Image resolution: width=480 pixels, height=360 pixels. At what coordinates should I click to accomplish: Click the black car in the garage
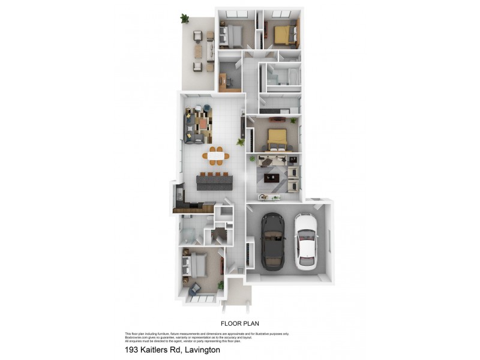[273, 242]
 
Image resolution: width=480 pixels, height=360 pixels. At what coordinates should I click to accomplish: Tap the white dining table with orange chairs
[215, 156]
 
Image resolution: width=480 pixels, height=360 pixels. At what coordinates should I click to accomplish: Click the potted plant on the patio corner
[184, 19]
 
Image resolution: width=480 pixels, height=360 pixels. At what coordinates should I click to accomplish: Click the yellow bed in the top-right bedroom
[284, 34]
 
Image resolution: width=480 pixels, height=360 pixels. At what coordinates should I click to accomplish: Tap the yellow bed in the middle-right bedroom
[276, 139]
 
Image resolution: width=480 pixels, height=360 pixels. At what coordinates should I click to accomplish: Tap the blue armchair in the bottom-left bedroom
[195, 290]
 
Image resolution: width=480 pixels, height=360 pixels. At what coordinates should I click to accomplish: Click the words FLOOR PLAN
[239, 323]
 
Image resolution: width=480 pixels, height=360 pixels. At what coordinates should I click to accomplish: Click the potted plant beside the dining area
[241, 143]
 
